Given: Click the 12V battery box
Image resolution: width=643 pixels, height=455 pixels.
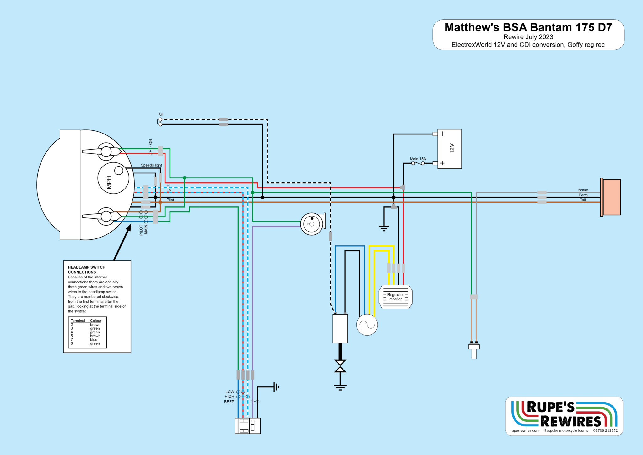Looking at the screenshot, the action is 449,149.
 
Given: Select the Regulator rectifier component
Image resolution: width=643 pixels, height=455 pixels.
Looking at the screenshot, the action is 396,297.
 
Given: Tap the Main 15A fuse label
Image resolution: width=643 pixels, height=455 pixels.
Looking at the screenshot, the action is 418,159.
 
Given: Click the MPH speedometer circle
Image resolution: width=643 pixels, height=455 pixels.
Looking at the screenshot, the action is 113,178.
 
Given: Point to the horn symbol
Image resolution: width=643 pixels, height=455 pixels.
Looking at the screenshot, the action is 313,224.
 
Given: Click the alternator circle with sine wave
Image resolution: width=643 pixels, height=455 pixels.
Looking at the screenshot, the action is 367,325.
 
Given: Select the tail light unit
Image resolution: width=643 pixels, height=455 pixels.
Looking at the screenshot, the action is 610,197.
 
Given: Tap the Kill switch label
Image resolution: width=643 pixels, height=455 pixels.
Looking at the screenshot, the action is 161,114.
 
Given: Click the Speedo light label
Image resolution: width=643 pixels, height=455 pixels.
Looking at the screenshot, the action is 151,165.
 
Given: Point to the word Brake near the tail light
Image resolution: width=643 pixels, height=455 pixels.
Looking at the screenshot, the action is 583,190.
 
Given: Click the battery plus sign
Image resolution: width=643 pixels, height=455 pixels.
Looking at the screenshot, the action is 442,163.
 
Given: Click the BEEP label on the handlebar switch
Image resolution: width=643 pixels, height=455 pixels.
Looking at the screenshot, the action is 229,402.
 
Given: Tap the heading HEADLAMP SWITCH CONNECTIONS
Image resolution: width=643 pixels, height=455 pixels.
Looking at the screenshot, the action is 87,270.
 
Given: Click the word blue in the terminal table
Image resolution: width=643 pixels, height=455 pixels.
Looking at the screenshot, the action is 94,340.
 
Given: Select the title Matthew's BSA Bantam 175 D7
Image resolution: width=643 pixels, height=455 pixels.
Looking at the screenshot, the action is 528,27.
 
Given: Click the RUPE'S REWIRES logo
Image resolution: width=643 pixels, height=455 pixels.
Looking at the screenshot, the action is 564,414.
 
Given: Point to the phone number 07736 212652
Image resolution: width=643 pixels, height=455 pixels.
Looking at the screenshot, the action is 605,431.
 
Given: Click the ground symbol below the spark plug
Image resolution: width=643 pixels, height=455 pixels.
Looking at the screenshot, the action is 340,387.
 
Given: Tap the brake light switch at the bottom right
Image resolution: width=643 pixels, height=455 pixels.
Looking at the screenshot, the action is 474,350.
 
